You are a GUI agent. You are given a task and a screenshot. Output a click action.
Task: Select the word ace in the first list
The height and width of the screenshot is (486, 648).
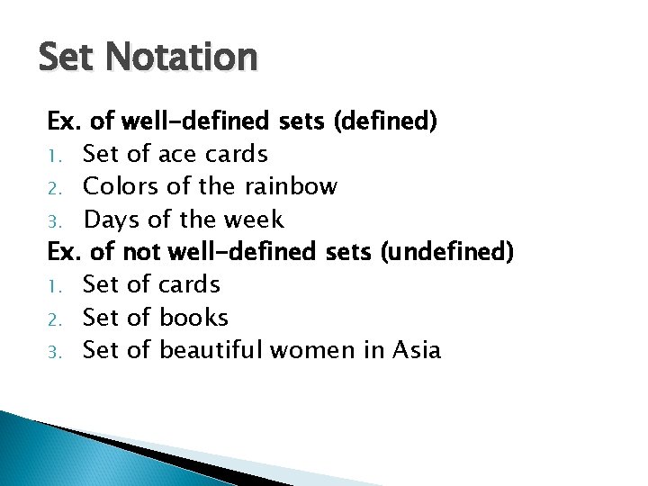pyautogui.click(x=176, y=155)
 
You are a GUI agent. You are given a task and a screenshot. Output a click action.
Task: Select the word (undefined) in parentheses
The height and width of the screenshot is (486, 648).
pyautogui.click(x=447, y=252)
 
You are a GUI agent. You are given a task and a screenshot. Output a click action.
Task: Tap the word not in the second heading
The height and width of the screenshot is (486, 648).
pyautogui.click(x=139, y=252)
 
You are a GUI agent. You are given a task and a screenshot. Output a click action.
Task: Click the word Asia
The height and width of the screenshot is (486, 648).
pyautogui.click(x=417, y=350)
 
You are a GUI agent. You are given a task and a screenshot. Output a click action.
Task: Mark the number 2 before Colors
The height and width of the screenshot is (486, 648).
pyautogui.click(x=52, y=189)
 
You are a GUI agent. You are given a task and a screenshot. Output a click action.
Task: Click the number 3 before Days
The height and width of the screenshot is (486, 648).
pyautogui.click(x=52, y=221)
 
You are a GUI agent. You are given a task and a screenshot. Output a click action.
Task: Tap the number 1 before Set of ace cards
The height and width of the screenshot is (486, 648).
pyautogui.click(x=52, y=157)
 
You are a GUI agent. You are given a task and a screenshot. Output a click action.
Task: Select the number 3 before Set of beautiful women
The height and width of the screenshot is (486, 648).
pyautogui.click(x=52, y=352)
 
